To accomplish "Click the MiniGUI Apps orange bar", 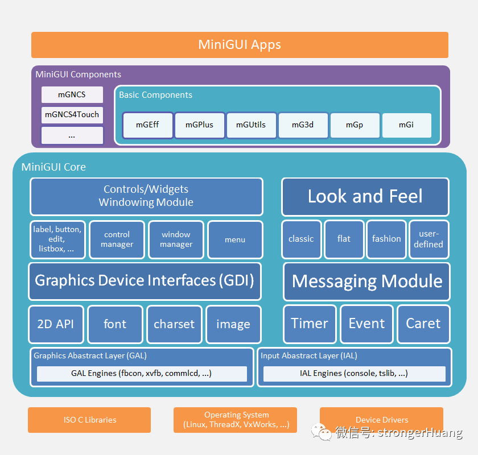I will click(240, 45).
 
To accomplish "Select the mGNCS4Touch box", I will click(72, 114).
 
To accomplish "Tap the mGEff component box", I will click(147, 125).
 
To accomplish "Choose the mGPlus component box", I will click(199, 125).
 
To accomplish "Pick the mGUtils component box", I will click(251, 125).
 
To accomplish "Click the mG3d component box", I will click(303, 125).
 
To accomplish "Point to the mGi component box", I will click(406, 125).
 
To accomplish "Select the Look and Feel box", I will click(365, 197).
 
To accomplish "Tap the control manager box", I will click(117, 239).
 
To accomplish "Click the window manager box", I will click(176, 239).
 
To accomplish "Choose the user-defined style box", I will click(428, 239).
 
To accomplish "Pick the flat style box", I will click(344, 239).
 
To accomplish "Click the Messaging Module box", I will click(366, 281).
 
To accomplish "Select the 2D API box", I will click(56, 324).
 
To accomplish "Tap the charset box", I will click(174, 324).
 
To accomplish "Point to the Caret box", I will click(423, 324).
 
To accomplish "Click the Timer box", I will click(309, 324).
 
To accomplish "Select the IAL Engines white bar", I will click(354, 374).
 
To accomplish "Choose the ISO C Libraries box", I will click(89, 420).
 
